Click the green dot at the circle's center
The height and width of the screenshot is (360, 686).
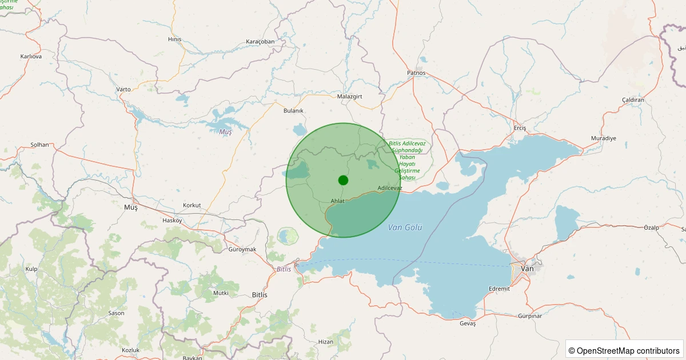pos(343,180)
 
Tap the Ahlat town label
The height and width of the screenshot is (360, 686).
pos(338,201)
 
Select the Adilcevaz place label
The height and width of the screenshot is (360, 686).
pos(390,188)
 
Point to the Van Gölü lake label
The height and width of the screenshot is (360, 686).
pos(405,227)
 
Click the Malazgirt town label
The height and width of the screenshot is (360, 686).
pos(350,97)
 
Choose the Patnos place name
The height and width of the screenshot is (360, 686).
pos(416,73)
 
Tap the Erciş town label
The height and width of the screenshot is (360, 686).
pos(520,127)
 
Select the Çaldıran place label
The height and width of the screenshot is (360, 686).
pos(633,100)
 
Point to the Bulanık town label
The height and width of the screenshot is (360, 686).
pos(293,111)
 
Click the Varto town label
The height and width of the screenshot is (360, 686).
pos(123,90)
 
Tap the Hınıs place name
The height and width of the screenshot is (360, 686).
pos(174,39)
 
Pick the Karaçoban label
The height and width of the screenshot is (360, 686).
pos(260,42)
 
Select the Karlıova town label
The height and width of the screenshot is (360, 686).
pos(31,57)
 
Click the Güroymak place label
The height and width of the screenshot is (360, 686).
pos(242,250)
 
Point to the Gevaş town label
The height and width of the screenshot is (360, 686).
pos(468,323)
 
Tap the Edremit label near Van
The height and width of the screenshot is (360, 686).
pos(499,289)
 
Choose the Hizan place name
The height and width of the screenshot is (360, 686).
pos(325,342)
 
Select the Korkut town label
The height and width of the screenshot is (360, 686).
pos(192,205)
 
